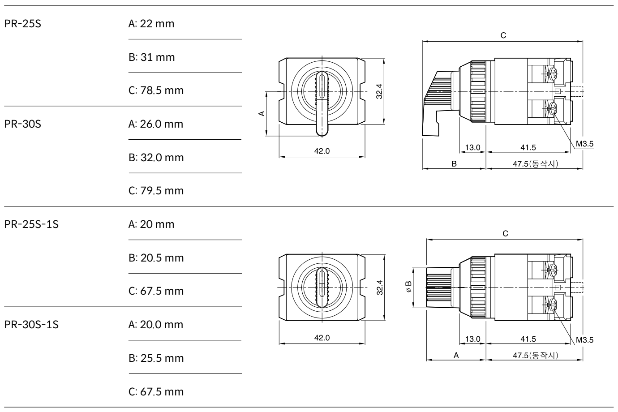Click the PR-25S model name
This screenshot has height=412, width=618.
coord(23,24)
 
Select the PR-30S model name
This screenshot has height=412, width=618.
coord(23,124)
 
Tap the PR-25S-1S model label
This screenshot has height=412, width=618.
coord(31,224)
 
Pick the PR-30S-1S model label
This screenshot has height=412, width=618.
coord(31,325)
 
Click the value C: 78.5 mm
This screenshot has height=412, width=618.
coord(156,90)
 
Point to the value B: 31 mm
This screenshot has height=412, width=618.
coord(151,57)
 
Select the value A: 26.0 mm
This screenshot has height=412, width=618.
coord(155,124)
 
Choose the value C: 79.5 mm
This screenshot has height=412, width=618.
coord(156,191)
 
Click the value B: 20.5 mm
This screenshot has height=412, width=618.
coord(156,258)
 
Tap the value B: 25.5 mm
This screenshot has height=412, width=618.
coord(156,358)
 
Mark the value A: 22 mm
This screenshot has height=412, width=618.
coord(151,24)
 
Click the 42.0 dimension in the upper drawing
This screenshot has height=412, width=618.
coord(322,151)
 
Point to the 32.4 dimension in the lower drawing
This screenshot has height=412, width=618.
coord(380,287)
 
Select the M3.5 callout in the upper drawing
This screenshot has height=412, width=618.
coord(584,144)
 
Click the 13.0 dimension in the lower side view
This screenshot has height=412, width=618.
coord(472,339)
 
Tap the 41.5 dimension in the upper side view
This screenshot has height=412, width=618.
coord(528,147)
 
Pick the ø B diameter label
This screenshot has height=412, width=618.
coord(408,287)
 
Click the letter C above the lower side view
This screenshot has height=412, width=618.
coord(505,234)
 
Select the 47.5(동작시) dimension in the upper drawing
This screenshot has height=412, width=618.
coord(536,164)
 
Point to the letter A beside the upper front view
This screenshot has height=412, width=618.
coord(262,113)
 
